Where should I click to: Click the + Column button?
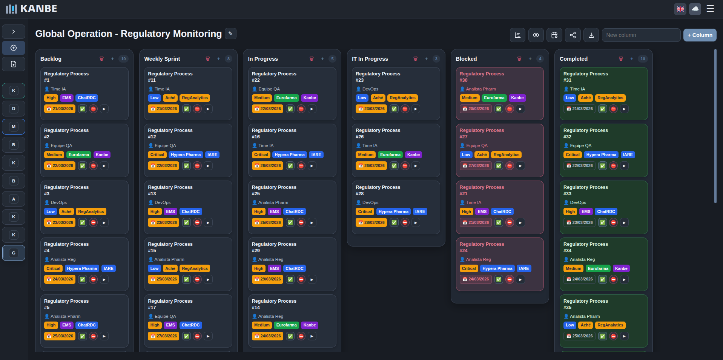(700, 35)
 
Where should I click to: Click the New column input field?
(641, 35)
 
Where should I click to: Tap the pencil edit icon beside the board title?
(230, 34)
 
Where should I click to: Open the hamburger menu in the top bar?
(710, 9)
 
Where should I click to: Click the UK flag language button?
(680, 9)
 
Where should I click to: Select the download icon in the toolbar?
(591, 35)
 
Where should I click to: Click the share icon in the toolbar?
(573, 35)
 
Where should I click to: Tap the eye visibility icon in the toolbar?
(536, 35)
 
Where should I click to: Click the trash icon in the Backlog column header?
(101, 59)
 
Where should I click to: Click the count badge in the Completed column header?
(643, 59)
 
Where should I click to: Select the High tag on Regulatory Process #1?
(51, 98)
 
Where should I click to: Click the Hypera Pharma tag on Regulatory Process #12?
(186, 155)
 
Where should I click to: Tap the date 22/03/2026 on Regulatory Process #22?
(267, 109)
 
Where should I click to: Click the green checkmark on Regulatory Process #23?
(394, 109)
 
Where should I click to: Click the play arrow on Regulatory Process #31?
(624, 109)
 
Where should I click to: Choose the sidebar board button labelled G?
(14, 253)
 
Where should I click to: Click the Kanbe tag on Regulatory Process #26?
(413, 155)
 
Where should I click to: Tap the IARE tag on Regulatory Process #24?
(524, 268)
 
